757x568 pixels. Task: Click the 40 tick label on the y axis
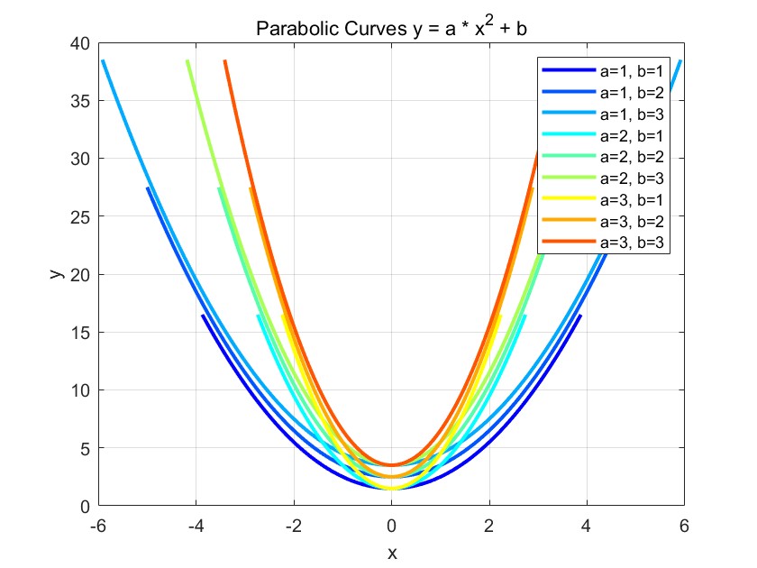(80, 42)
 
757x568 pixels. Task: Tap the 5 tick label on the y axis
(84, 448)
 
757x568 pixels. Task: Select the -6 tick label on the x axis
(97, 525)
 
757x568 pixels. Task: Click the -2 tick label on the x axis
(292, 525)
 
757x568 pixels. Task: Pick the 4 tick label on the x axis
(587, 525)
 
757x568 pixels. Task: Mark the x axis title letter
(391, 551)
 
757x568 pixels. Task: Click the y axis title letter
(56, 273)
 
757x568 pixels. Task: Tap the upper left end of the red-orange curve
(224, 61)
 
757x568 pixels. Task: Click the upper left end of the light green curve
(187, 61)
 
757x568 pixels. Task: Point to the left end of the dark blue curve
(203, 316)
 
